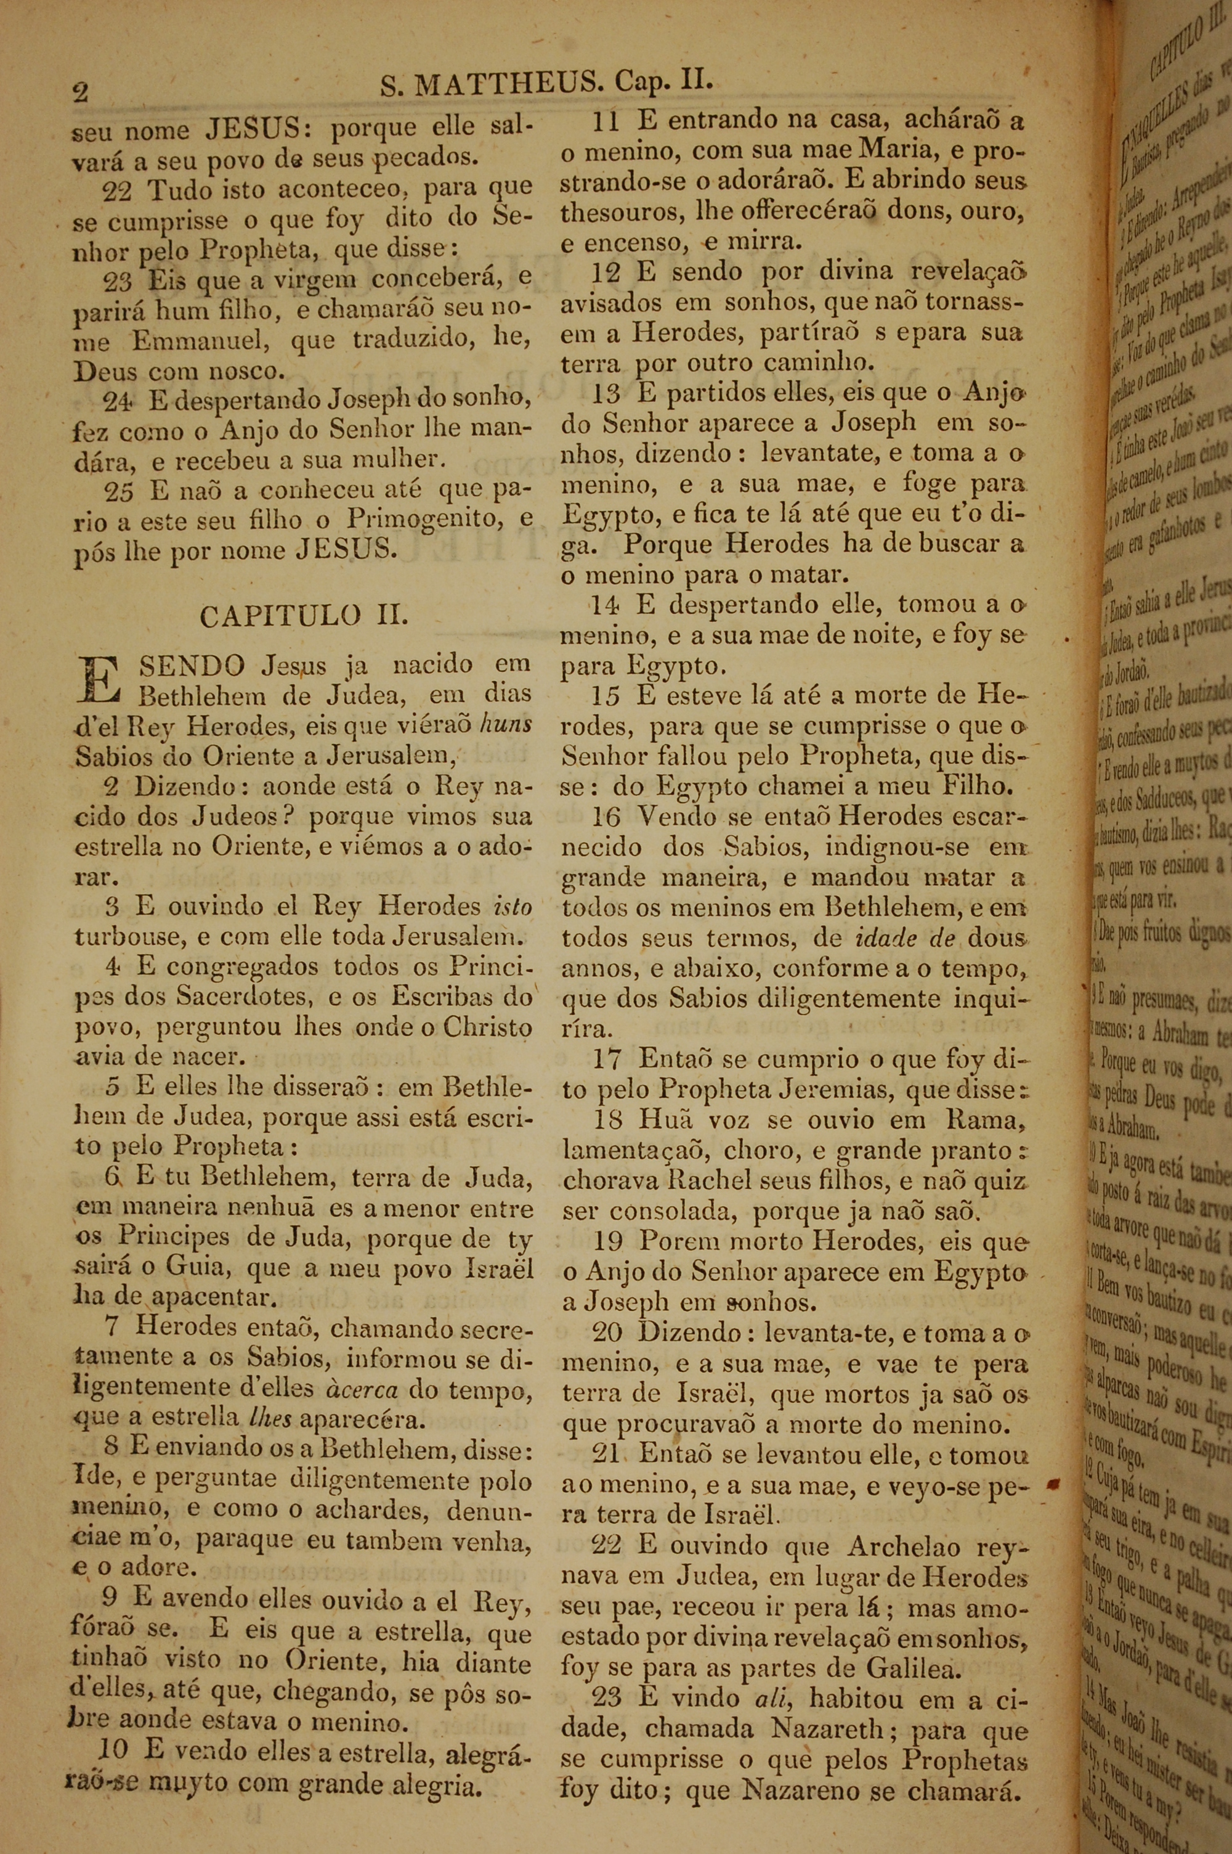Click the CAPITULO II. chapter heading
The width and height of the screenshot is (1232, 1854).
click(304, 615)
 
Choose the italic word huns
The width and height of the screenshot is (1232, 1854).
click(505, 724)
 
